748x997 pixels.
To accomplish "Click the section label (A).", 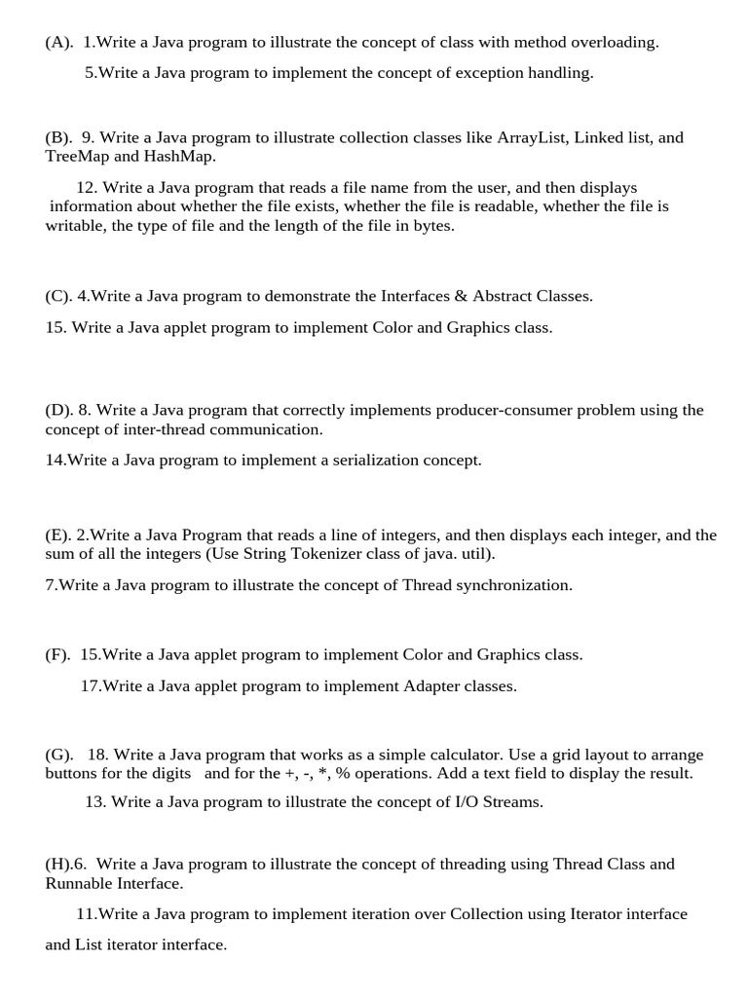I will click(57, 42).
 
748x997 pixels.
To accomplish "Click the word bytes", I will click(433, 225).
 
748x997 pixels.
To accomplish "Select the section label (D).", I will click(58, 410).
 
